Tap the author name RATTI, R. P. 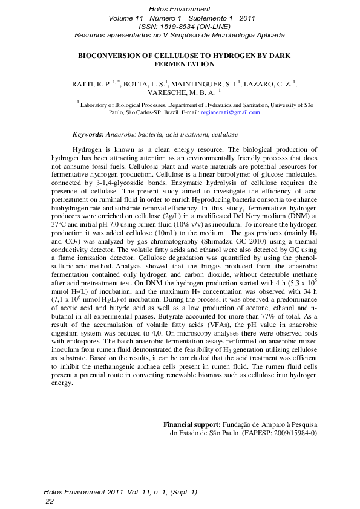click(90, 84)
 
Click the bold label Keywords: click(88, 134)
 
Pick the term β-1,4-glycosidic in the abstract click(103, 182)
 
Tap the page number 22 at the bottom click(50, 501)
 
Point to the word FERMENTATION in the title click(180, 63)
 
